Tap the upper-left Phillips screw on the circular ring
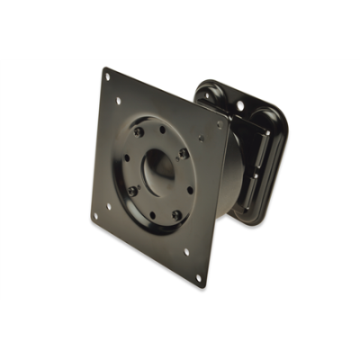[138, 132]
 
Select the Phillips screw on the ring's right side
[183, 154]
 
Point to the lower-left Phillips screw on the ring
[132, 191]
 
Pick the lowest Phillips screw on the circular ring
[176, 215]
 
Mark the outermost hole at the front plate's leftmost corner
[94, 216]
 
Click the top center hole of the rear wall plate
[240, 105]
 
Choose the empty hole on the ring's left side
[127, 161]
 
